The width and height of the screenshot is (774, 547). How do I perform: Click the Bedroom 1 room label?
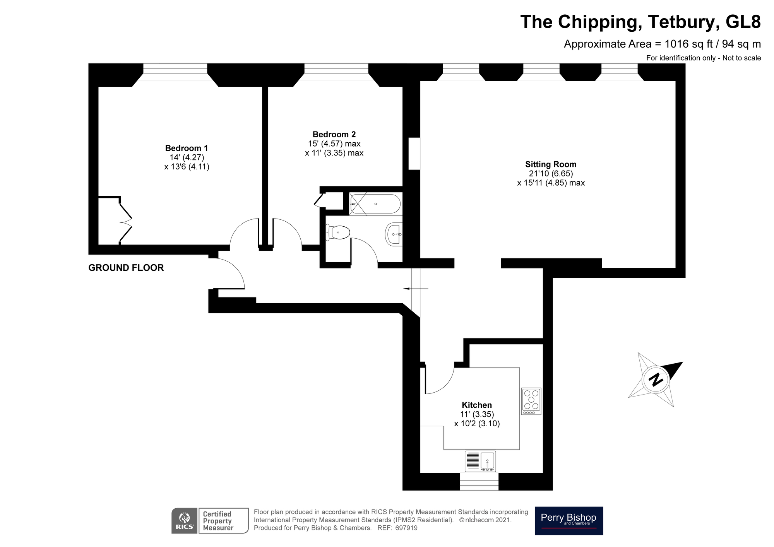[187, 148]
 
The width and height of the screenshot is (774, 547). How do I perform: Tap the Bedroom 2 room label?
[334, 134]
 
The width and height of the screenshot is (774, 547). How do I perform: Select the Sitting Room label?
[551, 164]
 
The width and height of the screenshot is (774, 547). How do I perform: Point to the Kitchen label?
[477, 405]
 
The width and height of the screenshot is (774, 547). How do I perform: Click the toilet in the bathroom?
[339, 232]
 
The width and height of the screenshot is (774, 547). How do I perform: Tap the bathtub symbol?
[375, 204]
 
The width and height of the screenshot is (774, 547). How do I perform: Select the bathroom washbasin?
[394, 234]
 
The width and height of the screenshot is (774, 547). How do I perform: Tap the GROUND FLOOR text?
[126, 268]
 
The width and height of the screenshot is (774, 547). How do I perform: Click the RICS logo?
[185, 521]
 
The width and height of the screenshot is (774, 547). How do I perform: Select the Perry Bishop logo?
[569, 520]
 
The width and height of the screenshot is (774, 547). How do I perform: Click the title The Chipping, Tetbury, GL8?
[640, 22]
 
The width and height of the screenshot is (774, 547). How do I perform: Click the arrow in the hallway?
[415, 289]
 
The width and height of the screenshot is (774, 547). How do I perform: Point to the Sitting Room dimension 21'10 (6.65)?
[551, 174]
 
